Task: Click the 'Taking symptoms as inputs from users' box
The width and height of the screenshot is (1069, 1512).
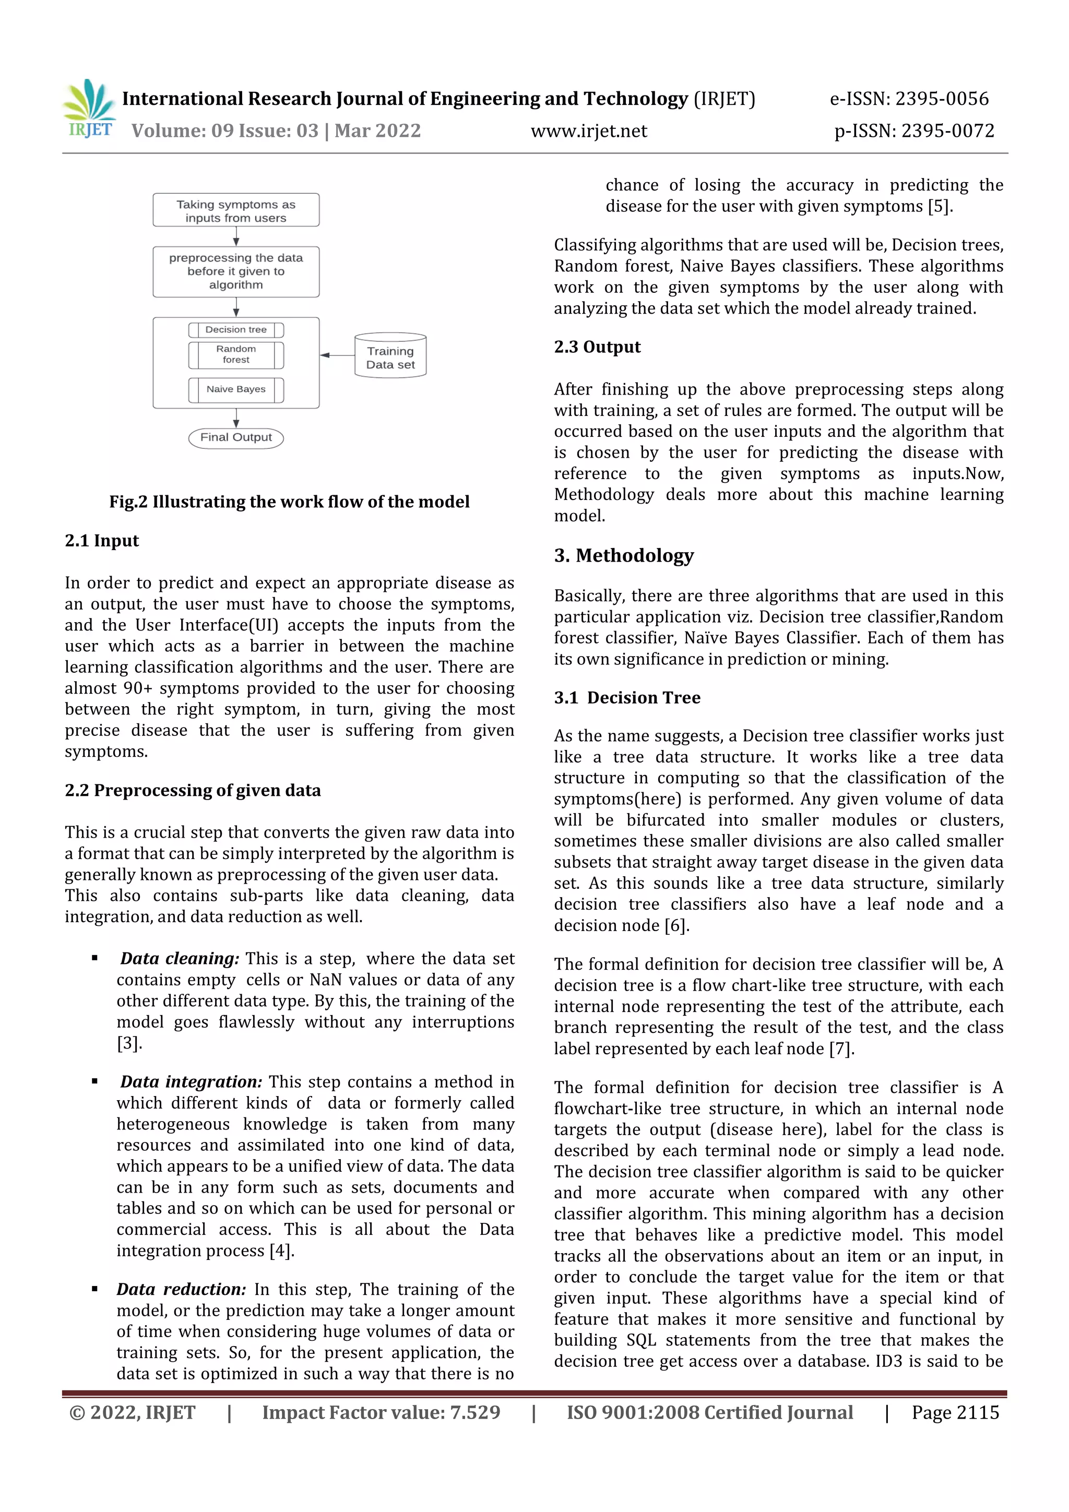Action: pos(236,211)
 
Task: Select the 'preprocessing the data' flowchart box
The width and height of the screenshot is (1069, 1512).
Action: pos(236,271)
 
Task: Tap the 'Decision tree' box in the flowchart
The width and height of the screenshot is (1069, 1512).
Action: pos(236,330)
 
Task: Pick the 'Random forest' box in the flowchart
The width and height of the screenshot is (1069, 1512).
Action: pos(236,355)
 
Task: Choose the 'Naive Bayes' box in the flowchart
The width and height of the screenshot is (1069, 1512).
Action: pos(236,390)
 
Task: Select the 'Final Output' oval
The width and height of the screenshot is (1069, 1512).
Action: pos(236,438)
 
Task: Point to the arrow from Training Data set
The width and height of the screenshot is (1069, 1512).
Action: pos(337,355)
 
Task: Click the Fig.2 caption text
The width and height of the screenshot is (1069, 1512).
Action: pos(289,502)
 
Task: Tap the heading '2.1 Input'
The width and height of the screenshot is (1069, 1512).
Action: pos(102,541)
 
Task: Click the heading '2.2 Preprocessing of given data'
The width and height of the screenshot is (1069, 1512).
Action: pos(192,790)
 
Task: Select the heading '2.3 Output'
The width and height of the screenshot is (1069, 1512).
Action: pos(597,347)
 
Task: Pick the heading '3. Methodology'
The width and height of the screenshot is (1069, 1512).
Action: pos(623,556)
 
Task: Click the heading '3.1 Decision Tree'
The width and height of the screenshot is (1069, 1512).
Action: pos(627,698)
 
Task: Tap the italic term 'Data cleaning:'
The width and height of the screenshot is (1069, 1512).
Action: pos(179,959)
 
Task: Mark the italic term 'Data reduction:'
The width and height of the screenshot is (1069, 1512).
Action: pos(181,1290)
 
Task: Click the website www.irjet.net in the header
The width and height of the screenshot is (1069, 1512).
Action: pos(589,131)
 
